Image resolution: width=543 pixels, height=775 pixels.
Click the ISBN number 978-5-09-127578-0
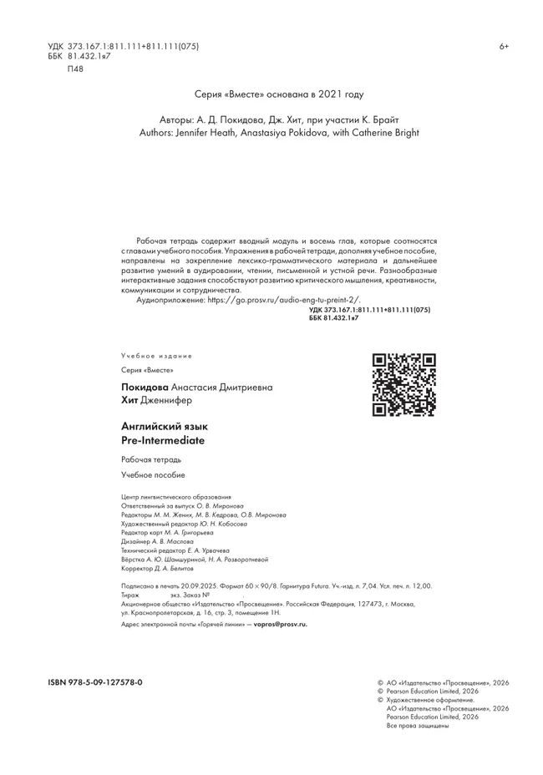95,682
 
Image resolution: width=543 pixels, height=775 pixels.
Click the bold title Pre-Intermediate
163,439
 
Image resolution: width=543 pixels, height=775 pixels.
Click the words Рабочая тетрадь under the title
150,459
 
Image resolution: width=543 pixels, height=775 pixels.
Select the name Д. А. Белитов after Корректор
177,568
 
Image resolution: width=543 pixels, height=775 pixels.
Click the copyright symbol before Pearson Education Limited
380,691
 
